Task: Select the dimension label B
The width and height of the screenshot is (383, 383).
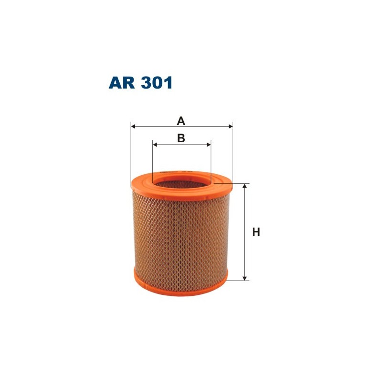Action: click(x=181, y=138)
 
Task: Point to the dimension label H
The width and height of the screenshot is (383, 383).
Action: click(x=256, y=232)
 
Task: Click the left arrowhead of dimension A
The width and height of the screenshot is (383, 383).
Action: click(x=134, y=127)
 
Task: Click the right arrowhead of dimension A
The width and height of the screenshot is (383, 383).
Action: click(x=230, y=127)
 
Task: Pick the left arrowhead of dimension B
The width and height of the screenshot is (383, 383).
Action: click(x=156, y=144)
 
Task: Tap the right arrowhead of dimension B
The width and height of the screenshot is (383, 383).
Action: click(x=208, y=144)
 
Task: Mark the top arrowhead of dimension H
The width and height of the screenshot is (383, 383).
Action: click(x=245, y=186)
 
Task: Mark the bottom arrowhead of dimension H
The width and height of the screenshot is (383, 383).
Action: click(x=245, y=277)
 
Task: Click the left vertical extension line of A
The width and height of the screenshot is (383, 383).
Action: click(x=131, y=153)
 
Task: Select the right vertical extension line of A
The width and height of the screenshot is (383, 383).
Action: click(x=233, y=153)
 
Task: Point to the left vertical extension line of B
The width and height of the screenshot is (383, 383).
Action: click(x=153, y=158)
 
